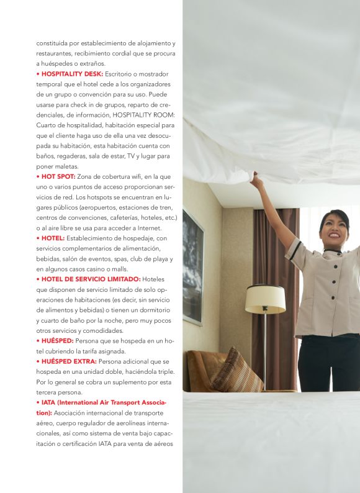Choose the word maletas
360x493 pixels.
click(x=65, y=166)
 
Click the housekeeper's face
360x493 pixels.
click(x=333, y=230)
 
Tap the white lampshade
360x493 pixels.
click(x=265, y=299)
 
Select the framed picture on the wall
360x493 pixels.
click(x=192, y=266)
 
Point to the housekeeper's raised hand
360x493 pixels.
click(x=256, y=180)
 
